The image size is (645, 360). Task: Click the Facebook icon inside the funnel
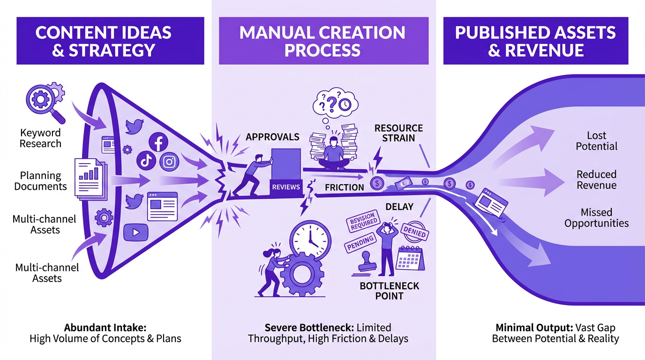(x=158, y=142)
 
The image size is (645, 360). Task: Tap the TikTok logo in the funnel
(x=146, y=161)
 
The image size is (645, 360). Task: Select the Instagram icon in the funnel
(x=170, y=162)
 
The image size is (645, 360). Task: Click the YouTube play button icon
(x=136, y=232)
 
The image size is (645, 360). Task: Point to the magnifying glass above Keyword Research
(x=40, y=101)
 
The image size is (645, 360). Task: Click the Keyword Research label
(x=40, y=138)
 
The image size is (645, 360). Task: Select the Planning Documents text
(x=40, y=181)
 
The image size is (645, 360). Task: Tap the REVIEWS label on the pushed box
(x=285, y=187)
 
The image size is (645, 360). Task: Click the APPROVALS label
(x=272, y=137)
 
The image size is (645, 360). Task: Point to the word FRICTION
(x=345, y=187)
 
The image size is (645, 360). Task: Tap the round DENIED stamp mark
(x=414, y=232)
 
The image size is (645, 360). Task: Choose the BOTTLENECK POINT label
(x=389, y=291)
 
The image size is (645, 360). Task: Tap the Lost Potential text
(x=596, y=141)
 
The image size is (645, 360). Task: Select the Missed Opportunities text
(x=596, y=218)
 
